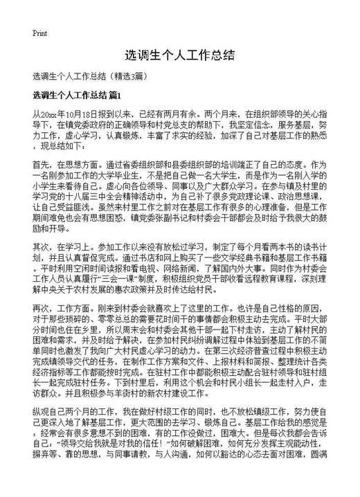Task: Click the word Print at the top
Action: pyautogui.click(x=39, y=33)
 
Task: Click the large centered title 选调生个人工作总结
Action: pyautogui.click(x=179, y=55)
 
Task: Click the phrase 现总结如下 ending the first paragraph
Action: pyautogui.click(x=62, y=147)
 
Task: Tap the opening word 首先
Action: pyautogui.click(x=41, y=166)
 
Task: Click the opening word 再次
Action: pyautogui.click(x=41, y=329)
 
